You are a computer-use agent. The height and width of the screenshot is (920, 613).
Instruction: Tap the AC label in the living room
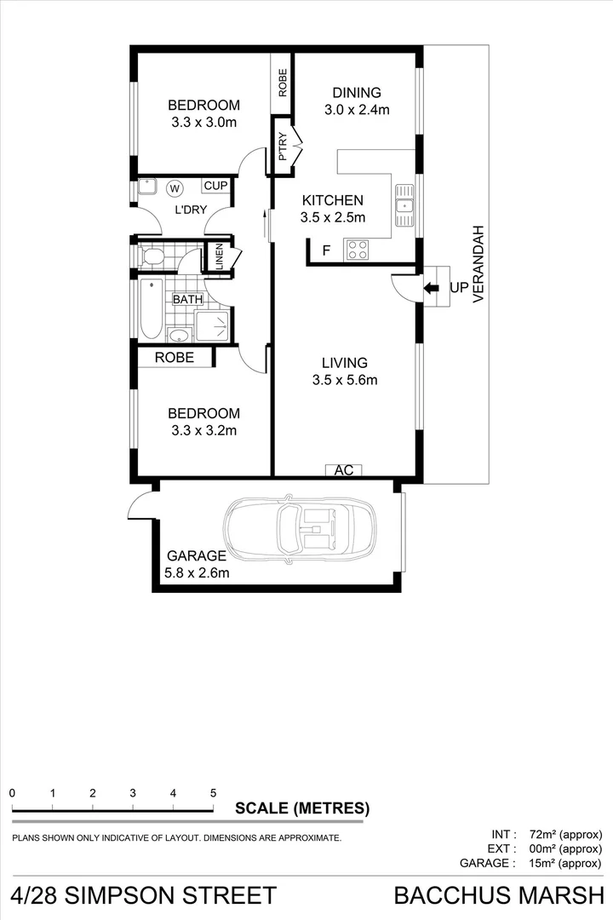(344, 469)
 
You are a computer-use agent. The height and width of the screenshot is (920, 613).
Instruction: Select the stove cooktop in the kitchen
(358, 250)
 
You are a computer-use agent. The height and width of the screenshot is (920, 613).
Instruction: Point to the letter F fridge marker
(324, 250)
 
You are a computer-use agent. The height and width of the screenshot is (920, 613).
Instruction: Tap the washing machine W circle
(175, 187)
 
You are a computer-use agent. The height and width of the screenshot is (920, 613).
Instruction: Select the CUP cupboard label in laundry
(215, 186)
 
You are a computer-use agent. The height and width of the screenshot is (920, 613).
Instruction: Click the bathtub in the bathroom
(151, 308)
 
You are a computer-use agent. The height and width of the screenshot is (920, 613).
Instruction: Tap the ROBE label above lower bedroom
(174, 358)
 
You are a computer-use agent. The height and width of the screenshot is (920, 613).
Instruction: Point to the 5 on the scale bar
(213, 792)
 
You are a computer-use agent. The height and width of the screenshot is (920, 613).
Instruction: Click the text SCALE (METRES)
(302, 808)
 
